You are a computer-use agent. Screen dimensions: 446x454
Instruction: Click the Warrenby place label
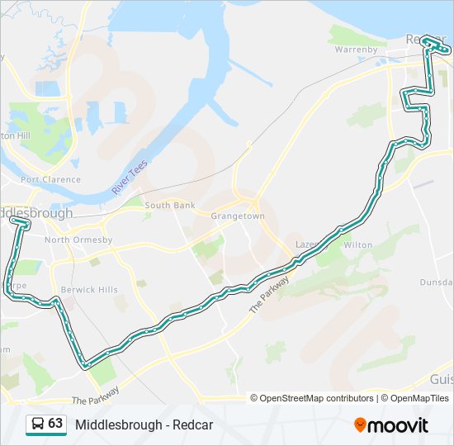click(356, 50)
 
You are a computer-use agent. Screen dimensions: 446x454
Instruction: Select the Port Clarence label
click(51, 179)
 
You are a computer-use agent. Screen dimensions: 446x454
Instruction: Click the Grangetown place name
click(237, 216)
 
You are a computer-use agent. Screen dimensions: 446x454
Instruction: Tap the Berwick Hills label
click(89, 290)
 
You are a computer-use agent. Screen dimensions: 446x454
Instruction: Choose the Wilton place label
click(357, 245)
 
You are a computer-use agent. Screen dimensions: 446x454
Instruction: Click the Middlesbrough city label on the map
click(37, 212)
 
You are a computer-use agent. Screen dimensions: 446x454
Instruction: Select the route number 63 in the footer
click(55, 424)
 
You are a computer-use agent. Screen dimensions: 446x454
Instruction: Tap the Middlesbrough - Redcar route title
click(144, 425)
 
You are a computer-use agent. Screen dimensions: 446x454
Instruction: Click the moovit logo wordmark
click(399, 425)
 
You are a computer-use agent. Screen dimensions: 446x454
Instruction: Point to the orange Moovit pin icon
click(360, 425)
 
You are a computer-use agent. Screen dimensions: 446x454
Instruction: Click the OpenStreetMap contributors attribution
click(316, 398)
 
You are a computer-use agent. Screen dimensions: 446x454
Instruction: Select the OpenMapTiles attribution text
click(419, 398)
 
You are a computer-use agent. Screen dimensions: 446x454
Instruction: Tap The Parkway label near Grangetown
click(269, 294)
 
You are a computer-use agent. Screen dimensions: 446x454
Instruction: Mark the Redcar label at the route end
click(422, 39)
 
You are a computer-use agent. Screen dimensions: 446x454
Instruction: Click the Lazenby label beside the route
click(306, 245)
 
